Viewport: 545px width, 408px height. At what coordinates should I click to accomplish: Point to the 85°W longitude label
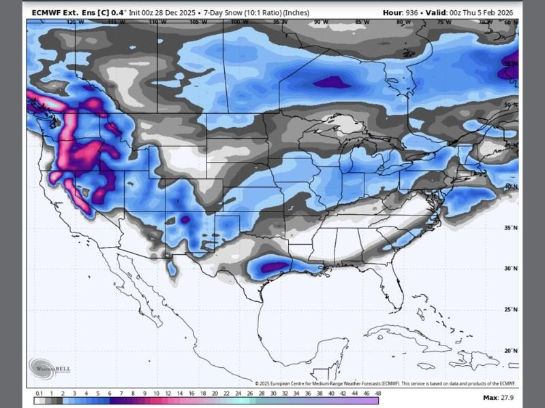(362, 22)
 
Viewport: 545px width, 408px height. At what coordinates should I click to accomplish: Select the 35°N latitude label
(510, 228)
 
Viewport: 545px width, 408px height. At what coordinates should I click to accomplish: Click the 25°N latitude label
(510, 309)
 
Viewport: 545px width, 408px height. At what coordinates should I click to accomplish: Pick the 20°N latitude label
(510, 351)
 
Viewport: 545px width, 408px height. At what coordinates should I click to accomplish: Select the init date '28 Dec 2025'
(175, 12)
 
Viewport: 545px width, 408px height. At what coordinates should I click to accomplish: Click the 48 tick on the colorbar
(376, 394)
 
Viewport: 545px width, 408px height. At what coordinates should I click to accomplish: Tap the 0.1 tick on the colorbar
(40, 394)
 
